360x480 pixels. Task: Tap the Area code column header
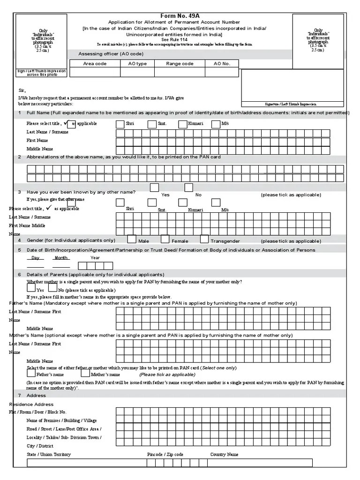(95, 63)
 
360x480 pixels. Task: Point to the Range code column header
(180, 63)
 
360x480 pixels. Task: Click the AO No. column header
(222, 63)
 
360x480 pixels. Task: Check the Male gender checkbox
(132, 239)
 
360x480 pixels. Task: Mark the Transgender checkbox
(204, 239)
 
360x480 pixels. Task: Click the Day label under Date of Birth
(35, 258)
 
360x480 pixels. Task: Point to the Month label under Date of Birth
(61, 258)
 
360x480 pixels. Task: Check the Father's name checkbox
(31, 374)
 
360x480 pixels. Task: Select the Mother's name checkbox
(85, 374)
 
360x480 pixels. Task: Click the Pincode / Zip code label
(165, 454)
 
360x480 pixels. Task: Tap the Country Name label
(224, 454)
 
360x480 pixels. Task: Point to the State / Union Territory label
(49, 454)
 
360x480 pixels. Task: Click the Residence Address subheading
(31, 404)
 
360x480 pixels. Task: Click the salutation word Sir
(22, 90)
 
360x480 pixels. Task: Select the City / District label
(40, 446)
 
